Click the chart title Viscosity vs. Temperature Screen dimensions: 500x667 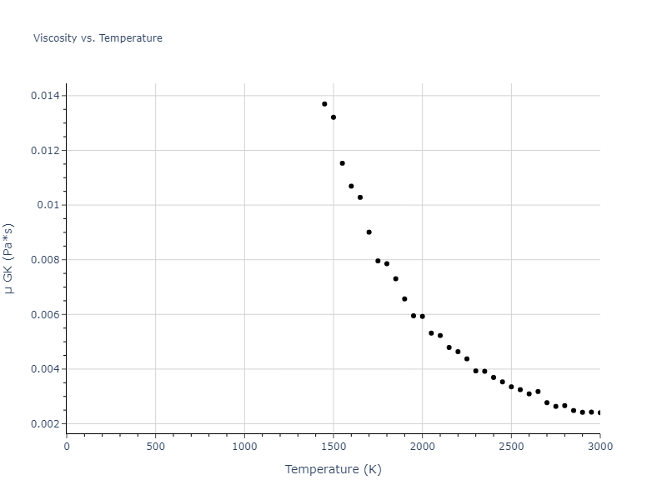tap(98, 38)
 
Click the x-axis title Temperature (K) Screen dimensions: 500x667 tap(333, 469)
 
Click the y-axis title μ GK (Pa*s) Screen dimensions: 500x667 tap(9, 258)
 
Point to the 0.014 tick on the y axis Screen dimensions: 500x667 tap(46, 96)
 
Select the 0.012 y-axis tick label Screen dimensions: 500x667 tap(46, 151)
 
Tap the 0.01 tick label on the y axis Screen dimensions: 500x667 tap(49, 205)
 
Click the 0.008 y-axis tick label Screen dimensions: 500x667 tap(46, 260)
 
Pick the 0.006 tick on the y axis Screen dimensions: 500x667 tap(46, 314)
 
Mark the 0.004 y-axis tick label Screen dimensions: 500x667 tap(46, 369)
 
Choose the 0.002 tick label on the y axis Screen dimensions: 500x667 tap(46, 424)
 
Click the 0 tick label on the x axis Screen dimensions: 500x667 tap(67, 446)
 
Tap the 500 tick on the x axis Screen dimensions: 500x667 tap(155, 446)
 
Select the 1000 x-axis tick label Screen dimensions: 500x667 tap(244, 446)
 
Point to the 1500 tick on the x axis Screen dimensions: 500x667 tap(333, 446)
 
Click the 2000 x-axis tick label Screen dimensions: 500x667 tap(422, 446)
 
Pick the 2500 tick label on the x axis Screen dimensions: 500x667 tap(511, 446)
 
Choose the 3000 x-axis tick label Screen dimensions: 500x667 tap(599, 446)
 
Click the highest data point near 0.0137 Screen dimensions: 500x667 tap(324, 104)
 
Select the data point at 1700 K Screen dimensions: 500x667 tap(369, 232)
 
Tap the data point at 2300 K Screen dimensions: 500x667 tap(475, 371)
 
